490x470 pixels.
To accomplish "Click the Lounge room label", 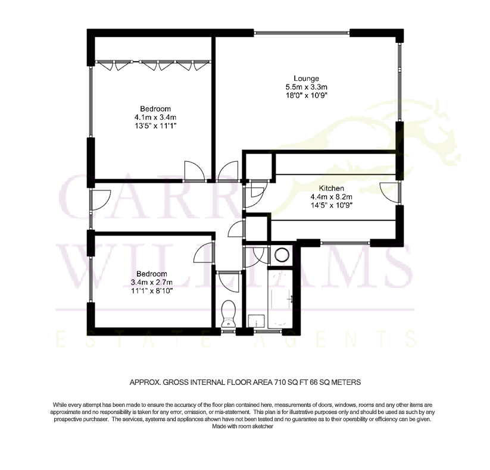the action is point(306,79).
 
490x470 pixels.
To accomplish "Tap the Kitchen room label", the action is point(331,189).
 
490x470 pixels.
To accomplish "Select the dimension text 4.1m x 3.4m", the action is point(155,117).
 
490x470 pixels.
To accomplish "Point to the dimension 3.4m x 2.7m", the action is point(152,283).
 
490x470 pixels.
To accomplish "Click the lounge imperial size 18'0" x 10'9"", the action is point(306,95).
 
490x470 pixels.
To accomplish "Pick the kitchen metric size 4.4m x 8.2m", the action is point(331,197).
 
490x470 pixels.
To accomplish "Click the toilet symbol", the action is point(228,314).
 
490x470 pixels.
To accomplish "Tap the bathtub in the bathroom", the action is point(280,299).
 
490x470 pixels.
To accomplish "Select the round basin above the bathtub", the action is point(282,255).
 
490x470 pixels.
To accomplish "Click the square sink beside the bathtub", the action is point(256,321).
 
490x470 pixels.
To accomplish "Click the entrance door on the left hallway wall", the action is point(100,199).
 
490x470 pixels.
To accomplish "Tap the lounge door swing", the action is point(229,171).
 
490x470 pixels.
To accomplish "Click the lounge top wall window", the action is point(302,32).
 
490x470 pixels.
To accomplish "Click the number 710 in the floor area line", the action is point(280,382).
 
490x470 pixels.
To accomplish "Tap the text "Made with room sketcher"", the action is point(242,427).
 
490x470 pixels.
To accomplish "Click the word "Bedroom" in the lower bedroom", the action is point(152,274).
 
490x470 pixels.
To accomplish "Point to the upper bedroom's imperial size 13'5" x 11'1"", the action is point(155,126).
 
